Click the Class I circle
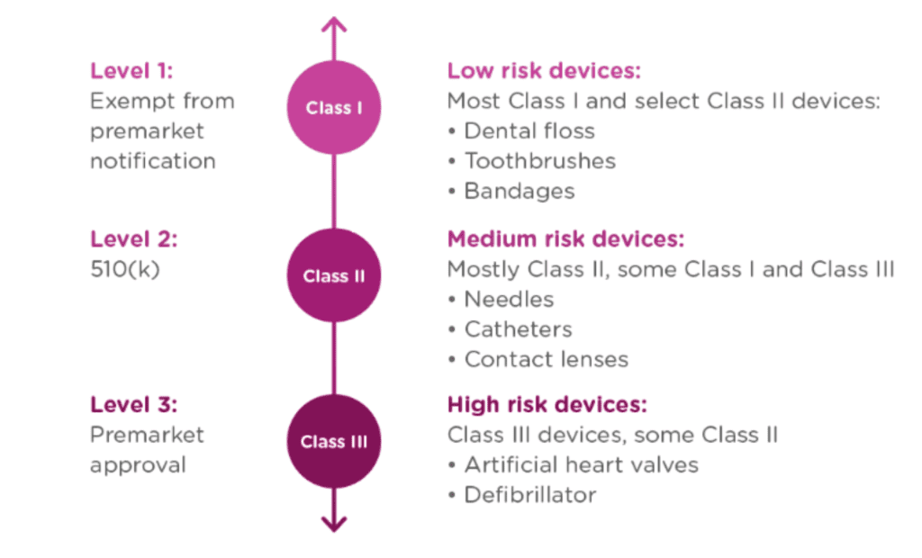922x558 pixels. point(334,108)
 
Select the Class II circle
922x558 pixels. point(334,275)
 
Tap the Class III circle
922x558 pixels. point(334,441)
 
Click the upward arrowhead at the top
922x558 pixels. point(334,24)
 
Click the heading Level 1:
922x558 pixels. point(131,71)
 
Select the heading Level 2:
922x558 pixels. point(133,239)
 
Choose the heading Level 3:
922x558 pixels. point(133,404)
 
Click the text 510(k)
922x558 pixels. point(124,269)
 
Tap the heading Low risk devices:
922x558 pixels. point(544,70)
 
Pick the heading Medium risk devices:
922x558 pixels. point(565,239)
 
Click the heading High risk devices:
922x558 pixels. point(547,404)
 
